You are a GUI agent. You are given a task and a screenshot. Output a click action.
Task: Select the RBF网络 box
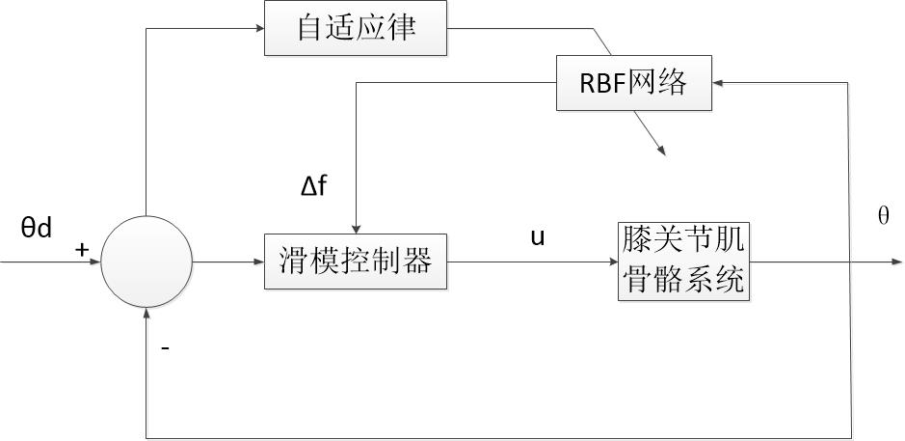[x=633, y=83]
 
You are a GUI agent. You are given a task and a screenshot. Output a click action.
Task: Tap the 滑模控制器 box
[x=356, y=261]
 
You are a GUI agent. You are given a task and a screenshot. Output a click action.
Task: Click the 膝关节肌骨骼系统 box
[x=682, y=261]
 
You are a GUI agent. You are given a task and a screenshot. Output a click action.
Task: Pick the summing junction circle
[x=146, y=262]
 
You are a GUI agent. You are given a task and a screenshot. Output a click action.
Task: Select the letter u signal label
[x=538, y=236]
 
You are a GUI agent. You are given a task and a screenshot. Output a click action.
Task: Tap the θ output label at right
[x=883, y=217]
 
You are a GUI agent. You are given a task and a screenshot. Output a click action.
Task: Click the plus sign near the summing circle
[x=82, y=250]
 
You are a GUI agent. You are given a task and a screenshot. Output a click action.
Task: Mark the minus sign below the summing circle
[x=165, y=347]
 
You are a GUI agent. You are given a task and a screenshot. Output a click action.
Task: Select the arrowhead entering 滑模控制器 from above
[x=356, y=228]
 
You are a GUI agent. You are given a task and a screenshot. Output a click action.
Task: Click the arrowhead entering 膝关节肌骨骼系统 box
[x=612, y=262]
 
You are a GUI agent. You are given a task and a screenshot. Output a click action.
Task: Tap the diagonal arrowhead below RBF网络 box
[x=661, y=150]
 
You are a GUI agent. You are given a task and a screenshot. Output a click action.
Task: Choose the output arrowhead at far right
[x=898, y=262]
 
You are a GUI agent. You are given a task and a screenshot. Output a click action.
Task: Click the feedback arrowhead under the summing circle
[x=146, y=313]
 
